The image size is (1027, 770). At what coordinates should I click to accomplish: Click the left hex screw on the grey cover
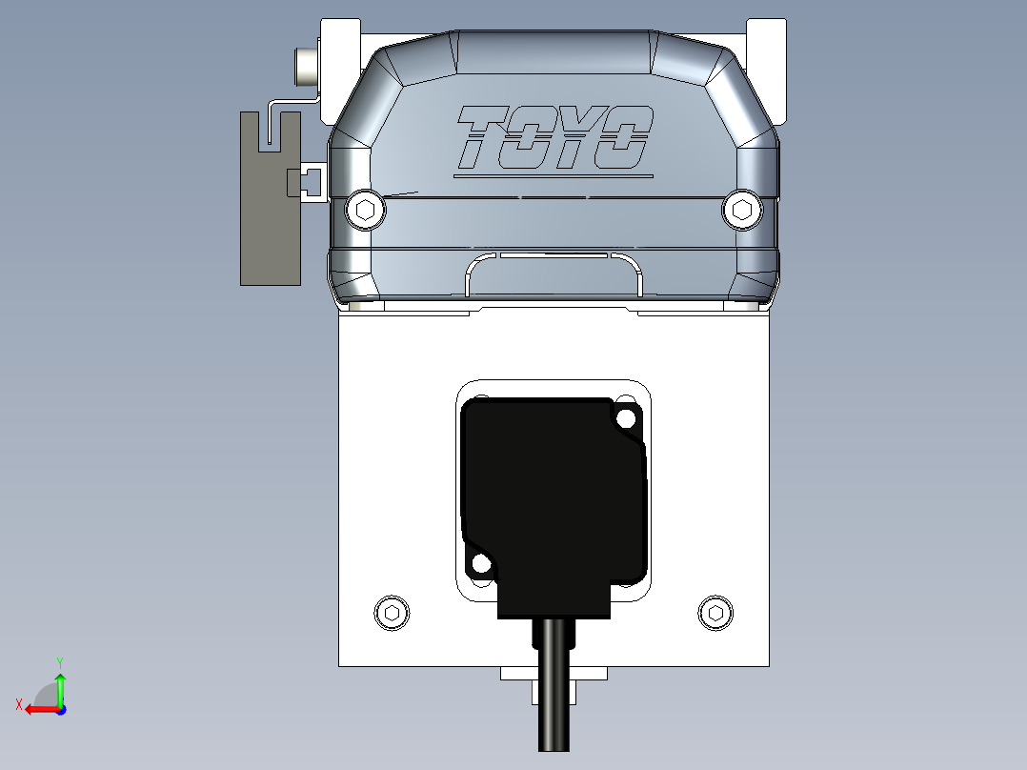point(365,211)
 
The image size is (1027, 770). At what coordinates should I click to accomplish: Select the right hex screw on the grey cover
point(742,211)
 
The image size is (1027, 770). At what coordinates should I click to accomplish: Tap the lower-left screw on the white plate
point(391,613)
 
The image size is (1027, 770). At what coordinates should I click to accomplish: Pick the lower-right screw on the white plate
point(715,613)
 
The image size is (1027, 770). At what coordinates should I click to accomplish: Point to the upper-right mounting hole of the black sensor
point(626,417)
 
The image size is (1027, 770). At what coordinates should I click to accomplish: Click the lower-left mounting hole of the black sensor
point(482,564)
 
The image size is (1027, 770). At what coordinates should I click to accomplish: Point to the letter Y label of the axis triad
point(60,661)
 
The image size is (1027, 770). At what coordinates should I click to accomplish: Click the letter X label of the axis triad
point(18,704)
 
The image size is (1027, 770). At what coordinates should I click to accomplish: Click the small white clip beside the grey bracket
point(312,181)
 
